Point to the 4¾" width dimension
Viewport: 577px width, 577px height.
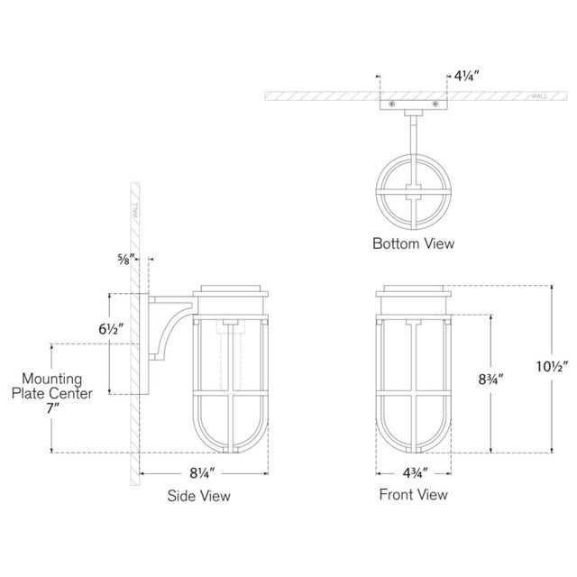point(414,473)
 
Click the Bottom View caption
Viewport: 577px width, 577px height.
point(415,243)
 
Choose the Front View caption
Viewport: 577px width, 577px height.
point(415,495)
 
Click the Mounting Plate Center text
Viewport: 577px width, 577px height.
point(52,387)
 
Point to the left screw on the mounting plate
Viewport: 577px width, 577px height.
point(393,105)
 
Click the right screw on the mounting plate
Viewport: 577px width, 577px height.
point(436,105)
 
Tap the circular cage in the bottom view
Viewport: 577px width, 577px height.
point(414,190)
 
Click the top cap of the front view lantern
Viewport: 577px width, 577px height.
point(414,291)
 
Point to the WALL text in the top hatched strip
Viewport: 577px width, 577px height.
point(539,95)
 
